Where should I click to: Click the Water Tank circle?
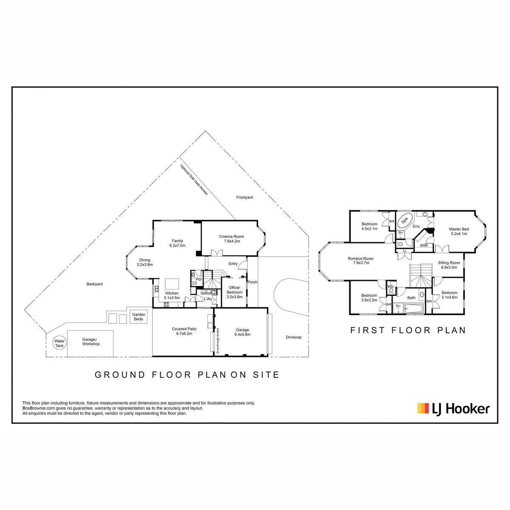click(59, 343)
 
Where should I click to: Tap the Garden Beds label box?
click(139, 317)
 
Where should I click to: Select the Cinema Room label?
click(231, 237)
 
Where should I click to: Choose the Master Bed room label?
click(459, 229)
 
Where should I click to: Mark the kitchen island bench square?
click(172, 284)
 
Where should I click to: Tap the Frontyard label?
click(244, 198)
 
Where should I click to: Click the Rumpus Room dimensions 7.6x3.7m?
click(361, 263)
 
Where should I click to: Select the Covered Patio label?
click(184, 329)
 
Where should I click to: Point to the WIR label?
click(424, 246)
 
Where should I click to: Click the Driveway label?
click(294, 337)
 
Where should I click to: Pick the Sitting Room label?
click(449, 263)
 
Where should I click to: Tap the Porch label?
click(252, 282)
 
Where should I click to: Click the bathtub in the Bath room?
click(414, 309)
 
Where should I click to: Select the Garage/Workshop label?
click(91, 342)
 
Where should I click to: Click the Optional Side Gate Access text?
click(194, 180)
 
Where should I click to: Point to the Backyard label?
click(94, 284)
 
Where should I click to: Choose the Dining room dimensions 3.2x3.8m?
click(145, 264)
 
